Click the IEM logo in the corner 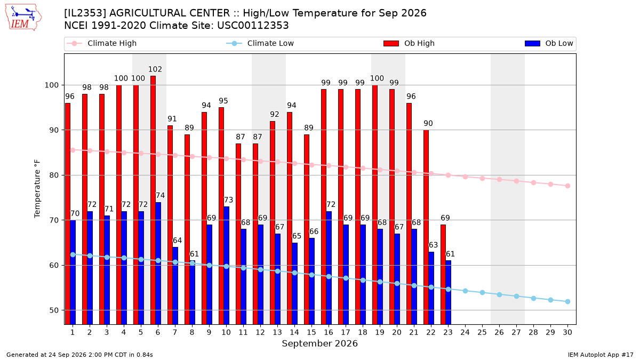(23, 18)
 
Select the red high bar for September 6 (153, 200)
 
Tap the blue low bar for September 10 (226, 266)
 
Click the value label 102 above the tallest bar (155, 69)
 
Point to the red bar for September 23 (443, 274)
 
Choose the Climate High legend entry (101, 43)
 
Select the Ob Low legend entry (549, 43)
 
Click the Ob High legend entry (409, 43)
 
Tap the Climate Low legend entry (260, 43)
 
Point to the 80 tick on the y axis (54, 175)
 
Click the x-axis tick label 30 (567, 332)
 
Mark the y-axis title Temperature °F (37, 189)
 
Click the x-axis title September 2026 (319, 343)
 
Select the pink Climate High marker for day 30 (567, 186)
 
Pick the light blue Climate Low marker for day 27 (517, 297)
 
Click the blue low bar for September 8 (193, 293)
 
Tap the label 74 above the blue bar (161, 195)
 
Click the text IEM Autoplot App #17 (601, 355)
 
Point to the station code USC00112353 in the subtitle (253, 26)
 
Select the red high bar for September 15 (307, 229)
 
